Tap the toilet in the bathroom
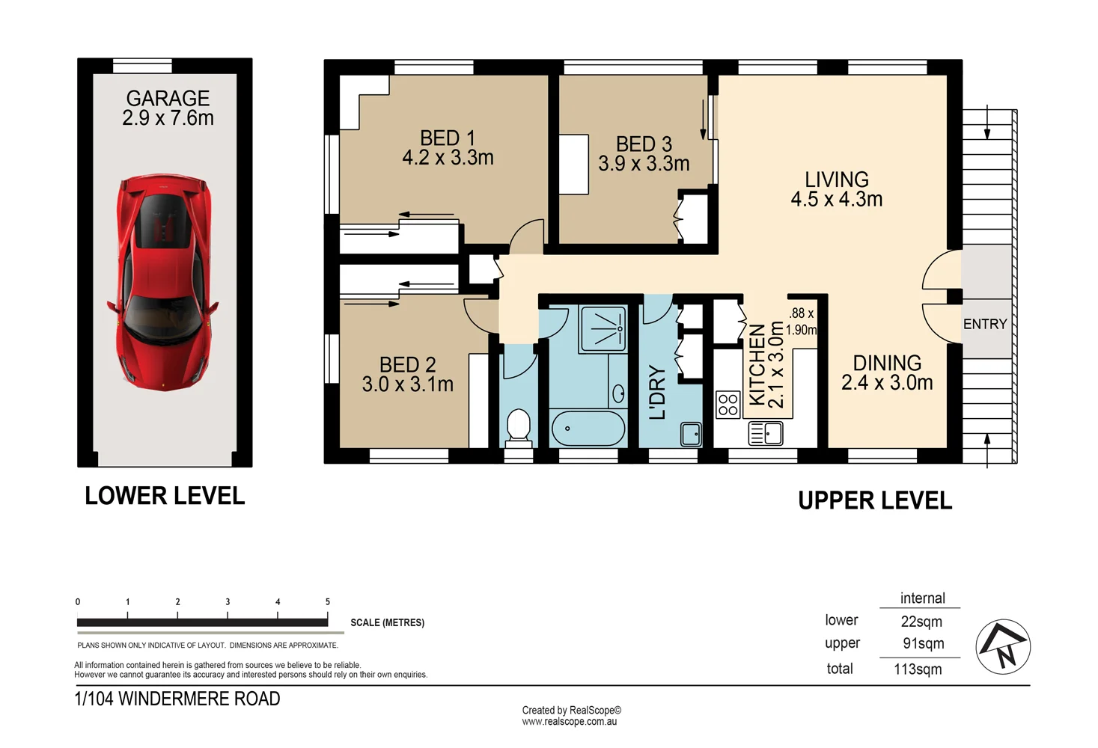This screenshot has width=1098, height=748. coord(518,426)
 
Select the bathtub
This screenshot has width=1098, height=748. coord(588,429)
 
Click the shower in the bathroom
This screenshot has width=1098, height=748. coord(603,328)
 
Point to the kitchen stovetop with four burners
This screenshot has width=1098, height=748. coord(728,405)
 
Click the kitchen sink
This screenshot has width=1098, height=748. coord(766,433)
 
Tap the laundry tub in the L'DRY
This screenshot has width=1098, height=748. coord(691,434)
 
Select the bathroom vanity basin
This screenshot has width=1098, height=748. coord(618,393)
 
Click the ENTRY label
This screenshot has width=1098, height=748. coord(984,324)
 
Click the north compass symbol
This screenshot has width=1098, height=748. coord(1003,647)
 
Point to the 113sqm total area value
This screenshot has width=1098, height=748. coord(918,669)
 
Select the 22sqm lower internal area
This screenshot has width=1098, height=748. coord(921,622)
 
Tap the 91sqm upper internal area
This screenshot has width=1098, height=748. coord(923,643)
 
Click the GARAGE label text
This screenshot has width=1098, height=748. coord(168,98)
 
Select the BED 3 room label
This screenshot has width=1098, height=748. coord(644,144)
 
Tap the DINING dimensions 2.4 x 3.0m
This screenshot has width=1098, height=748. coord(887,383)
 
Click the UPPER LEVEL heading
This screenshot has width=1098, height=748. coord(875,500)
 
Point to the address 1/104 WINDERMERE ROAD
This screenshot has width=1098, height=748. coord(177,699)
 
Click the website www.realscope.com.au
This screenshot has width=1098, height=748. coord(570,722)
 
